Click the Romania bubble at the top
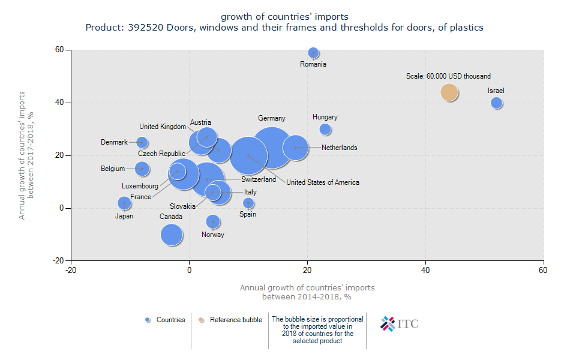313,53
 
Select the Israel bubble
496,103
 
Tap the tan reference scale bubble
449,92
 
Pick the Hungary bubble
325,129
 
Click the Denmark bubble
142,142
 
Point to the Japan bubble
124,203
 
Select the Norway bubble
213,221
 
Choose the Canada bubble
172,235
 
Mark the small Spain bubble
248,203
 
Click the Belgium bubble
142,169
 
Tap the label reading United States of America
322,182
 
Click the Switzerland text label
259,179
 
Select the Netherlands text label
339,148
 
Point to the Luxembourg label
140,186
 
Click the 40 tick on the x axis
425,271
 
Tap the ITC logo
400,324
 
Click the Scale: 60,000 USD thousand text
448,76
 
